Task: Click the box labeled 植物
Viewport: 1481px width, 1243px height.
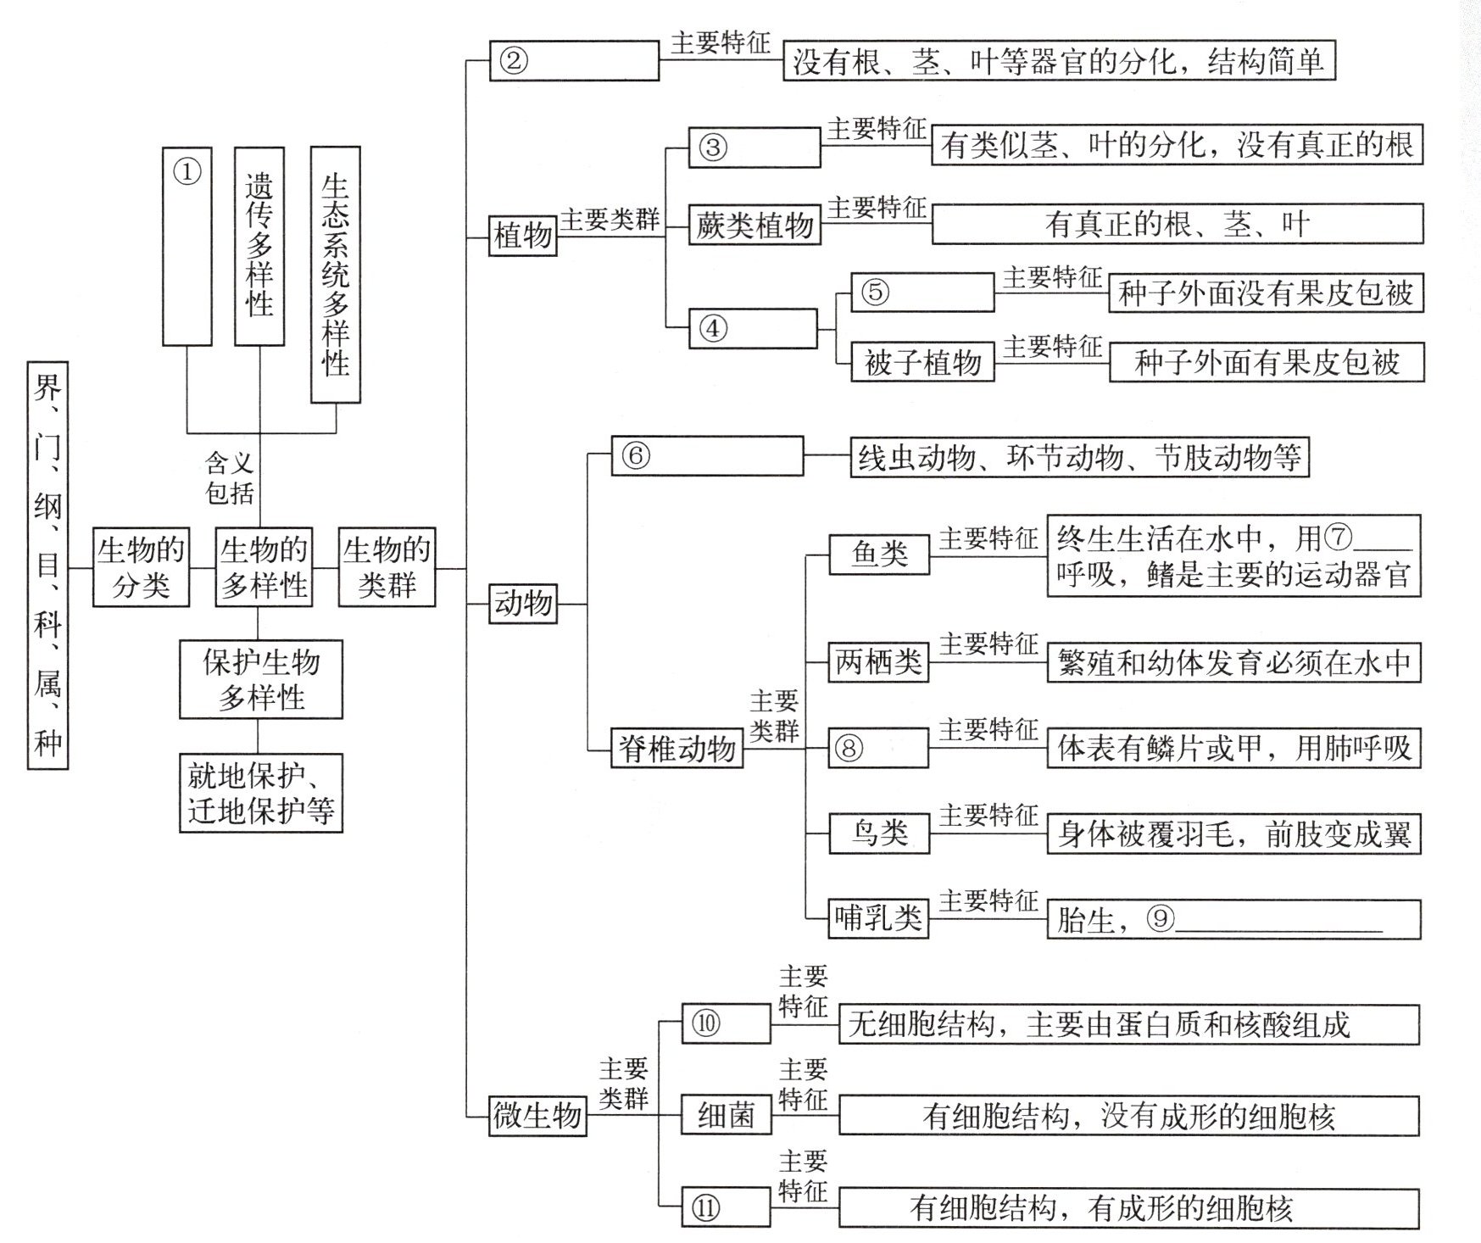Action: pyautogui.click(x=523, y=236)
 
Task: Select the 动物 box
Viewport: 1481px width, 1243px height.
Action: pyautogui.click(x=523, y=604)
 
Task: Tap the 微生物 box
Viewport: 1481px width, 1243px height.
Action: pyautogui.click(x=538, y=1115)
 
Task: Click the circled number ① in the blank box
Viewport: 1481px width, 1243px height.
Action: pyautogui.click(x=187, y=172)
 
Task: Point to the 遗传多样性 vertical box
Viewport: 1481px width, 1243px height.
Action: pyautogui.click(x=259, y=246)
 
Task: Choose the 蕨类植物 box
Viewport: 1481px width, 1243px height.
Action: pyautogui.click(x=754, y=225)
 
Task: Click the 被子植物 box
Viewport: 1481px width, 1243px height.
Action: pyautogui.click(x=922, y=362)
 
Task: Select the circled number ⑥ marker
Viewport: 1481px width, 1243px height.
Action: pyautogui.click(x=636, y=455)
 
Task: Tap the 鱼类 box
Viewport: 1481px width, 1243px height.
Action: pyautogui.click(x=879, y=555)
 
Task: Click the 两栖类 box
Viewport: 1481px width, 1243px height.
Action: pyautogui.click(x=878, y=662)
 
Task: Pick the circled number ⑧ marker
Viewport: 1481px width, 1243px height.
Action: pyautogui.click(x=849, y=748)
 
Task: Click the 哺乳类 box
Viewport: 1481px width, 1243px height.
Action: pyautogui.click(x=878, y=918)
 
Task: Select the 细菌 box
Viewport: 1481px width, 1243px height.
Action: pyautogui.click(x=727, y=1115)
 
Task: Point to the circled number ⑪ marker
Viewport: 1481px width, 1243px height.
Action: pyautogui.click(x=705, y=1207)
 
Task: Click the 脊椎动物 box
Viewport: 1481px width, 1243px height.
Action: pyautogui.click(x=677, y=748)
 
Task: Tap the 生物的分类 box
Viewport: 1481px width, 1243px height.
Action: pyautogui.click(x=141, y=567)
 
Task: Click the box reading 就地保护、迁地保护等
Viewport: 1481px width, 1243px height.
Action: pyautogui.click(x=261, y=793)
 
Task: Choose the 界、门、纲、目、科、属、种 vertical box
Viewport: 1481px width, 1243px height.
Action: pyautogui.click(x=47, y=566)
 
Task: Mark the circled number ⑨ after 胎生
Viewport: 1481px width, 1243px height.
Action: pyautogui.click(x=1161, y=918)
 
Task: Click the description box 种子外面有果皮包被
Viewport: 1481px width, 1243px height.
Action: pyautogui.click(x=1267, y=362)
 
